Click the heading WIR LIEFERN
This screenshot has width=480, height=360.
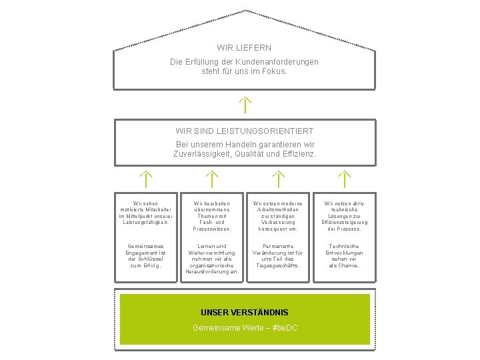244,48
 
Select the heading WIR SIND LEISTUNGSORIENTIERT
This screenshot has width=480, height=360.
244,131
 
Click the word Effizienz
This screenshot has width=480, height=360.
295,153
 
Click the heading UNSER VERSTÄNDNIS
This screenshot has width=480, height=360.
244,312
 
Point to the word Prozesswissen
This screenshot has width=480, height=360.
211,229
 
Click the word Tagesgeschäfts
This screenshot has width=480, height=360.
277,265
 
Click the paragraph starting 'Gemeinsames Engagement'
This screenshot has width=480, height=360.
145,255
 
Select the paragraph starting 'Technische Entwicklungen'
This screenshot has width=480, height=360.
344,255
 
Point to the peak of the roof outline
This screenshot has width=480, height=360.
245,10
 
